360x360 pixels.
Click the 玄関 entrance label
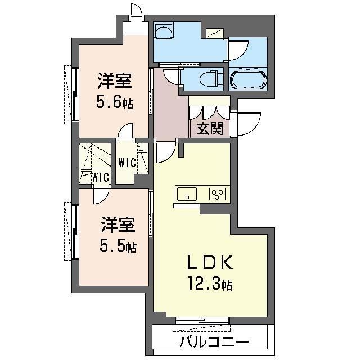210,128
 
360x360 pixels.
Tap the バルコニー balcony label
214,343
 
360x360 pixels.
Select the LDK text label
210,263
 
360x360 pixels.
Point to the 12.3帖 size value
210,283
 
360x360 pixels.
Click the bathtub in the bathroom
248,80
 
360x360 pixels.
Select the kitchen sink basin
187,194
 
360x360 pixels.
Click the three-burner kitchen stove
217,194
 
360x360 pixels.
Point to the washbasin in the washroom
164,31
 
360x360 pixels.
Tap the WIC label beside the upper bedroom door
127,163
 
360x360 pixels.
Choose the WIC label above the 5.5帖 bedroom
100,177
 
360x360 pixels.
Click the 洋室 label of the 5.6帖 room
115,80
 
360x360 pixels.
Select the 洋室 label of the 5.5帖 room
118,224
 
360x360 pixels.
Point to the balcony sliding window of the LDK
202,321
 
